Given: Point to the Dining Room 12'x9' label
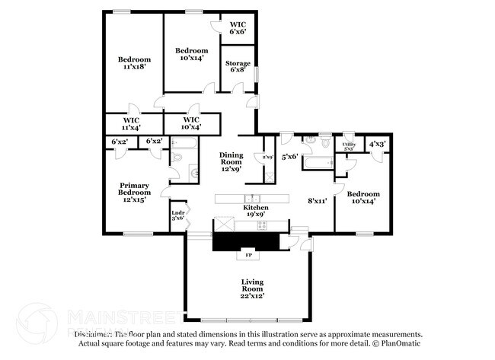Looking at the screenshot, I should click(231, 162).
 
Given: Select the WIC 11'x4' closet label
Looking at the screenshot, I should click(131, 123).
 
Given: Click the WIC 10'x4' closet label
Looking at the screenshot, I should click(191, 123).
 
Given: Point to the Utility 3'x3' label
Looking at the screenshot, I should click(348, 145).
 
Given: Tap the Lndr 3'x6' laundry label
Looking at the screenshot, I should click(177, 215).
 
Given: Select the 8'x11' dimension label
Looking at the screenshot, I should click(317, 201).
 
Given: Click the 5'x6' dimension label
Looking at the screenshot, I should click(289, 158).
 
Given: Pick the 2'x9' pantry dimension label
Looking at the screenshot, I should click(267, 157).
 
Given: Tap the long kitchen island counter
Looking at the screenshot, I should click(252, 199).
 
